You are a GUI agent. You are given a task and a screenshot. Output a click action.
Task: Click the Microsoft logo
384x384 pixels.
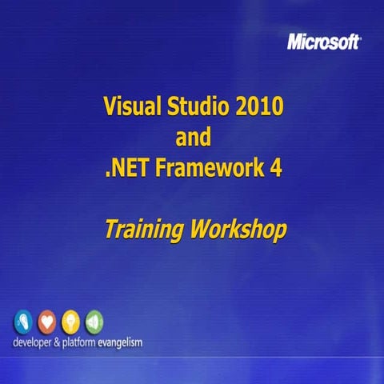coord(322,42)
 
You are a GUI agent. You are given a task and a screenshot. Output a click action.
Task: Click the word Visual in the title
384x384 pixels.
coord(130,106)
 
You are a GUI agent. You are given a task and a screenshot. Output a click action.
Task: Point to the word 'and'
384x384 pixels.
coord(193,137)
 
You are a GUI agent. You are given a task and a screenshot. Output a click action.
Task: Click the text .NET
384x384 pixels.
coord(126,169)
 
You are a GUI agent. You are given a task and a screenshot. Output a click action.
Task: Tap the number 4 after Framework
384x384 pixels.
coord(276,169)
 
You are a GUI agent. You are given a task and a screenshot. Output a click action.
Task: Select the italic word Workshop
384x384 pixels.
coord(238,231)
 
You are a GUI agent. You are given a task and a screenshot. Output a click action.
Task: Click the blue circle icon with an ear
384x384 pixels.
coord(23,322)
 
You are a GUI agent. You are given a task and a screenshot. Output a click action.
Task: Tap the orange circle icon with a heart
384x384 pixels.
coord(47,322)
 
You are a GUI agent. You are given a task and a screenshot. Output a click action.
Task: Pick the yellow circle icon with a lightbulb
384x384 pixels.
coord(71,322)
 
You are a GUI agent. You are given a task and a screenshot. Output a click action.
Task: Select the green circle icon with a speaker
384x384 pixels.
coord(94,322)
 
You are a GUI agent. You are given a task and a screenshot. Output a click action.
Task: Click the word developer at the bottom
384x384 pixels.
coord(35,342)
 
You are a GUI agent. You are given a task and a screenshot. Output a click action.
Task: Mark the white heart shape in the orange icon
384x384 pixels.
coord(47,321)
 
